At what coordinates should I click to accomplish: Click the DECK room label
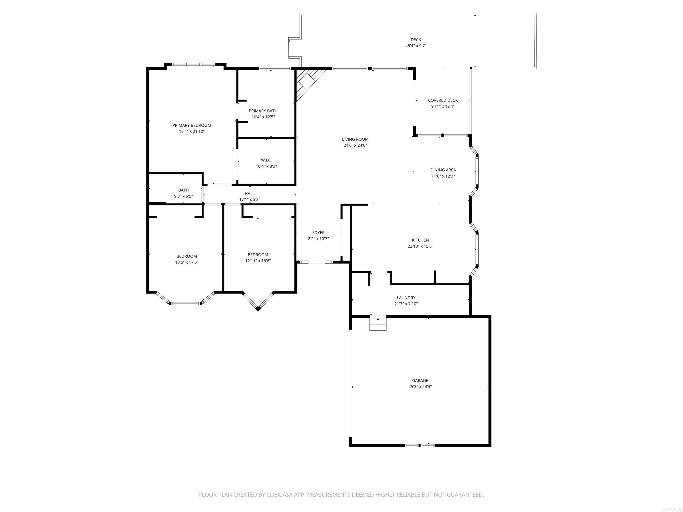point(416,40)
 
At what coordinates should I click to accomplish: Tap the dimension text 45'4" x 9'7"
point(416,46)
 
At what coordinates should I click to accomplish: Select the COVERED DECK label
point(443,100)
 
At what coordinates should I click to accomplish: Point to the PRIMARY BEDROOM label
point(192,125)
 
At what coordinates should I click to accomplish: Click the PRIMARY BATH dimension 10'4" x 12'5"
point(263,117)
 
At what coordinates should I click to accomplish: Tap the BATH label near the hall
point(183,190)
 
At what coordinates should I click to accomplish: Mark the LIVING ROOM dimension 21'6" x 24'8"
point(355,145)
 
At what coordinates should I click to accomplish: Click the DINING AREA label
point(443,170)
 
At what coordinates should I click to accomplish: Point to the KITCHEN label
point(420,240)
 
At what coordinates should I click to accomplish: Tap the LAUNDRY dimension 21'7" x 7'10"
point(406,304)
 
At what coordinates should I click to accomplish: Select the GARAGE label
point(420,380)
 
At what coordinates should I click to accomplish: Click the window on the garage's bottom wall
point(420,445)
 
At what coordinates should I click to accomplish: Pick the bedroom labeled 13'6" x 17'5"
point(187,256)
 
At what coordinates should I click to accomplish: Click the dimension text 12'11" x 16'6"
point(258,261)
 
